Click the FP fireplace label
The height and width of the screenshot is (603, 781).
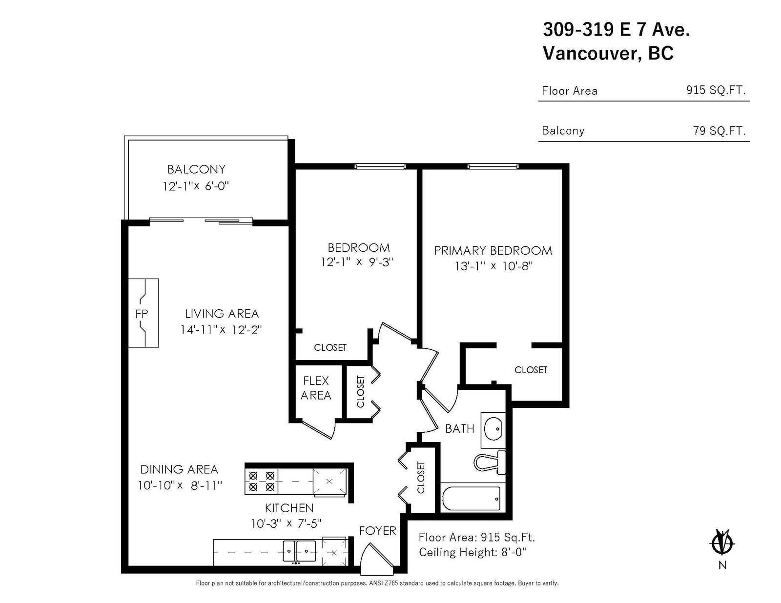point(141,314)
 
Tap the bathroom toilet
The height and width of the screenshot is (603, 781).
point(490,462)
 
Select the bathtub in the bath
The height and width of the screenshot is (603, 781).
point(471,499)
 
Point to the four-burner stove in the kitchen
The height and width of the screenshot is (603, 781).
point(262,481)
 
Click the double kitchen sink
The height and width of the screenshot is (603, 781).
point(299,551)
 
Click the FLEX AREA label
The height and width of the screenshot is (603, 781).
point(315,388)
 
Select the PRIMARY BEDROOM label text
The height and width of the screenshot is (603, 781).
point(493,251)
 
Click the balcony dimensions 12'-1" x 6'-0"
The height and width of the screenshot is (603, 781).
point(196,186)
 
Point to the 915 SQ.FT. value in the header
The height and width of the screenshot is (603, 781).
point(716,90)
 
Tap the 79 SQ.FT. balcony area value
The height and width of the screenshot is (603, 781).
point(719,130)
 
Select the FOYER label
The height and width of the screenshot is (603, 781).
point(377,531)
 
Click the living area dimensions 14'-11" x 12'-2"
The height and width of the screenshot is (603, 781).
point(221,330)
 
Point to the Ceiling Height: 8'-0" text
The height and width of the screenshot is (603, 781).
point(473,552)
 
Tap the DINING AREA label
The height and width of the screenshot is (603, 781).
point(179,469)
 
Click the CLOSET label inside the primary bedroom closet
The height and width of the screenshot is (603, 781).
point(531,370)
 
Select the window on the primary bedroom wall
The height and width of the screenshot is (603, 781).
point(493,166)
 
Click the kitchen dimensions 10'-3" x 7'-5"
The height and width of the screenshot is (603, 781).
point(286,523)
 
